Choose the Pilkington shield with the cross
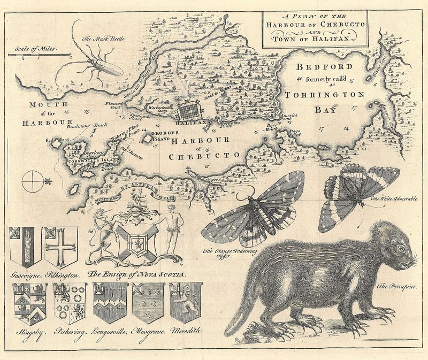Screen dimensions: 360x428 [x=62, y=247]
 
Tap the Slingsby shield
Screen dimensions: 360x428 [x=30, y=303]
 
